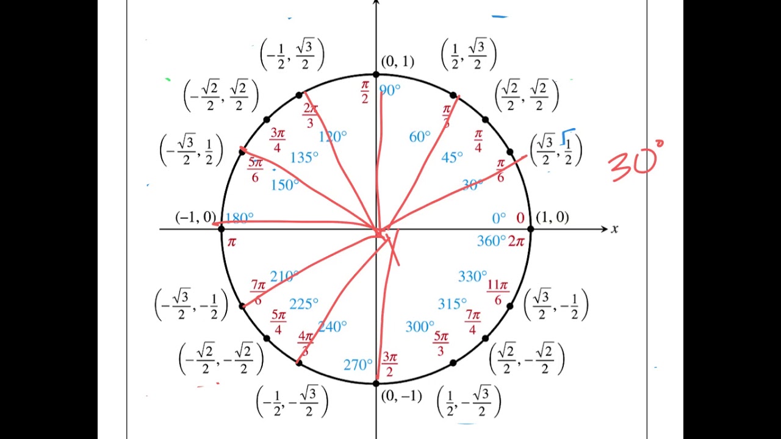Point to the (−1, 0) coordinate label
click(195, 217)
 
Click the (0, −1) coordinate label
click(401, 396)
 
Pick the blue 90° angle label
click(390, 90)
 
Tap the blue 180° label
click(239, 218)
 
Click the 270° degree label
click(358, 365)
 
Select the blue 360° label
click(491, 241)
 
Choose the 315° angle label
click(452, 304)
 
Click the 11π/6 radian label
click(498, 292)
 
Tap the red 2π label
click(516, 241)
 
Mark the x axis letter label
click(614, 229)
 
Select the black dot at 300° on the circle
click(453, 363)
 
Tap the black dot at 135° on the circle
click(267, 120)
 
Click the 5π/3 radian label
click(441, 344)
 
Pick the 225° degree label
click(304, 304)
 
